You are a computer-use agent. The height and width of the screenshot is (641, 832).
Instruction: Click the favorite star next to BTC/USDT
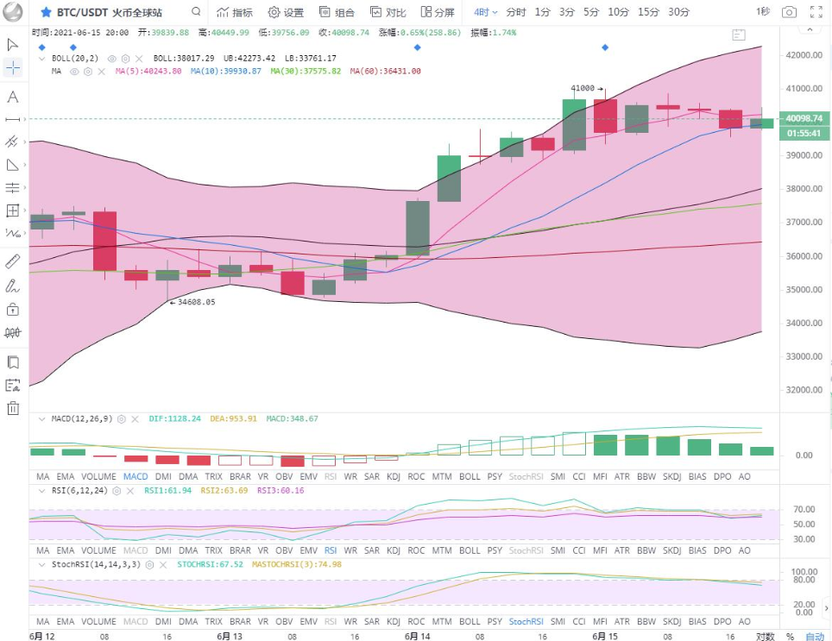(46, 13)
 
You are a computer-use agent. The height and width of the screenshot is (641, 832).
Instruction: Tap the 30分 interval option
(678, 12)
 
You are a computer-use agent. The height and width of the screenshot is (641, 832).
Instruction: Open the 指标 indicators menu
(235, 12)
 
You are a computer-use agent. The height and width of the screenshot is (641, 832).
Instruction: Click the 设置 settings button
(286, 12)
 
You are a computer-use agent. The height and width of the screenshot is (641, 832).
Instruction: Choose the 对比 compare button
(388, 12)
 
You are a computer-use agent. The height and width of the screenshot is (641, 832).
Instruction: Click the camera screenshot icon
(789, 12)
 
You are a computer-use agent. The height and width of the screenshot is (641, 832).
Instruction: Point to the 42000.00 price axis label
(804, 54)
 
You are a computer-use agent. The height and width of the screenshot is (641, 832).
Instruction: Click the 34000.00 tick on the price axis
(804, 323)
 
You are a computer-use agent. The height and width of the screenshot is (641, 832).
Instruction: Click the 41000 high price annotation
(583, 88)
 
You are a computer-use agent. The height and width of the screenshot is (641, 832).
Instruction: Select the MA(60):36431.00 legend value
(385, 71)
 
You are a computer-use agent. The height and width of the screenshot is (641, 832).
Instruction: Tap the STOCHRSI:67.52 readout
(211, 564)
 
